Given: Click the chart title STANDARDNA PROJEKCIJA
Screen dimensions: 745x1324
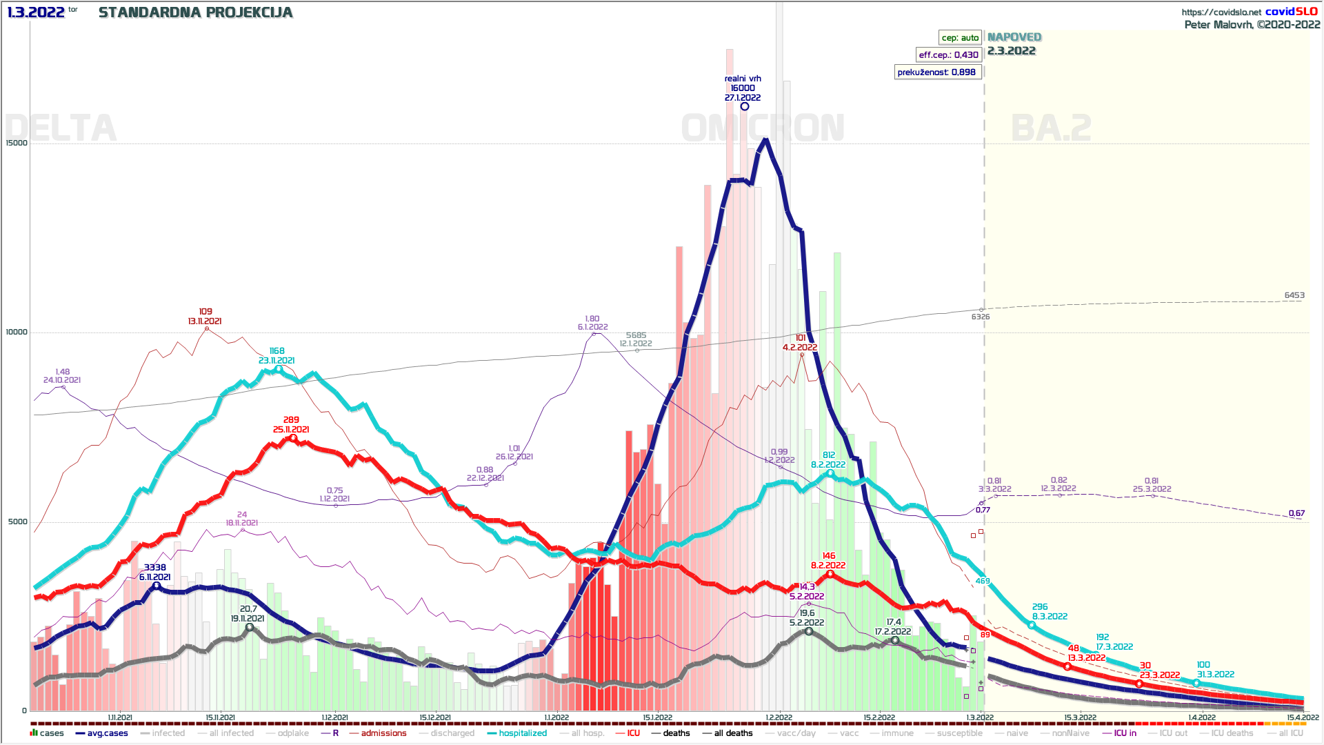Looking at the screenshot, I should click(195, 12).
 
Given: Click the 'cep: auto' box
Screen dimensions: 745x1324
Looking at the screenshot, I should click(960, 38).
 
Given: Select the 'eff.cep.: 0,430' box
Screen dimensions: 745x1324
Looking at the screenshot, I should click(948, 55).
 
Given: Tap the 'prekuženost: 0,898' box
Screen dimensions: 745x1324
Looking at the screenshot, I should click(936, 72).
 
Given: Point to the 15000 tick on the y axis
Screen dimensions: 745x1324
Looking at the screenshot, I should click(17, 143).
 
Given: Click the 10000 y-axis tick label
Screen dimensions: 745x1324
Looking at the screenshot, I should click(17, 332).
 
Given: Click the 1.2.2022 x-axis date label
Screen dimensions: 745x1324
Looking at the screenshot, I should click(779, 717).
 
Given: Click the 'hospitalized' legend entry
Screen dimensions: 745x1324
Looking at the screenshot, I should click(522, 733).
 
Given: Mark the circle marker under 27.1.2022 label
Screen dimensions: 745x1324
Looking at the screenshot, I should click(745, 106).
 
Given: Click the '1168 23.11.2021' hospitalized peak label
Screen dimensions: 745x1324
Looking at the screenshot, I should click(277, 356).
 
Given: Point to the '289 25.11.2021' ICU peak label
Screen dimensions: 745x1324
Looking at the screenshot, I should click(291, 424).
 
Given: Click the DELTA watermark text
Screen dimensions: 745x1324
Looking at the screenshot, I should click(61, 128).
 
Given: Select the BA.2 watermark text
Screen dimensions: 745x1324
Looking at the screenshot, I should click(1051, 128).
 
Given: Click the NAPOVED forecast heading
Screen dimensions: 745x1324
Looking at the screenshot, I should click(1014, 37).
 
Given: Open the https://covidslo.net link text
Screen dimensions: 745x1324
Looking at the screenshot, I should click(1221, 12).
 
